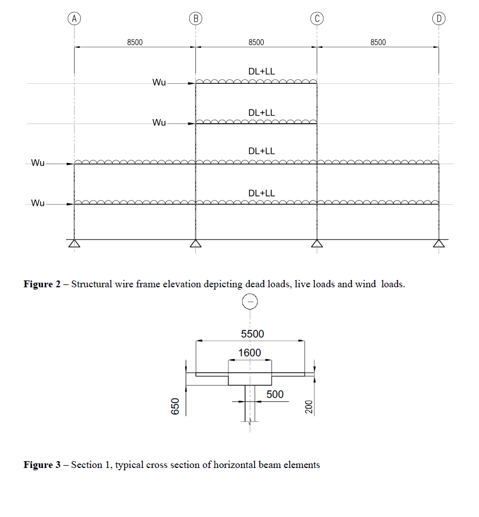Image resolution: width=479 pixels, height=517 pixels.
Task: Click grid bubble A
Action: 75,18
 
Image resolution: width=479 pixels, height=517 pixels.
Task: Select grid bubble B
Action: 196,18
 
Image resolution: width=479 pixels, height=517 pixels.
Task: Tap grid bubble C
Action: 317,18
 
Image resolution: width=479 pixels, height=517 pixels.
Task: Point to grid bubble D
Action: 439,18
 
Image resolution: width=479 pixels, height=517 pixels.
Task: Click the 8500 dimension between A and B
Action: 135,42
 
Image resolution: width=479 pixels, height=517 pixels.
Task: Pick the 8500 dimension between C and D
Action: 378,42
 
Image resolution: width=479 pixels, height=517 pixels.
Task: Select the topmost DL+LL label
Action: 261,72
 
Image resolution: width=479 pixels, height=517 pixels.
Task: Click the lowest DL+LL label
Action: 261,193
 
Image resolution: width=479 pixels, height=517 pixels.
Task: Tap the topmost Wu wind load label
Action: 159,83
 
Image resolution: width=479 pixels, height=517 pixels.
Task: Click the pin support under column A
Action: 75,244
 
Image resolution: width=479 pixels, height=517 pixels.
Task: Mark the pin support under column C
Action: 317,244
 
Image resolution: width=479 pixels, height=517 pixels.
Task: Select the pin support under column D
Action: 439,244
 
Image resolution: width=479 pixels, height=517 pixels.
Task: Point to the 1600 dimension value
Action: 249,353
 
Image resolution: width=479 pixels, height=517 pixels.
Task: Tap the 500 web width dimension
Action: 275,394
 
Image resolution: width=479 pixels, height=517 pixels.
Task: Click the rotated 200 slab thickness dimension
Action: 309,406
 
